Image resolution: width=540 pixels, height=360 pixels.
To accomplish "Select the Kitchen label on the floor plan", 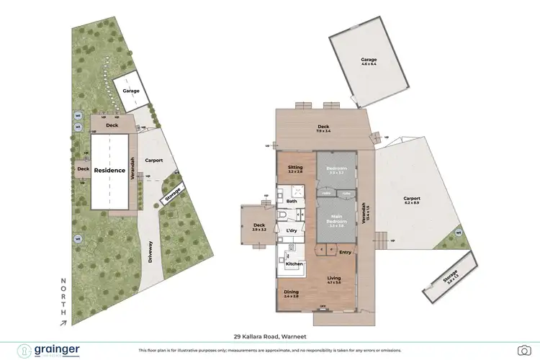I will coord(294,264).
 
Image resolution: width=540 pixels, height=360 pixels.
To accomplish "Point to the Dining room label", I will coord(291,292).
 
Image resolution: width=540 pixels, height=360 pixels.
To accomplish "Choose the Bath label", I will coord(292,201).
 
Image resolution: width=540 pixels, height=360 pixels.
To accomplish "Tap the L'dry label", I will coord(292,230).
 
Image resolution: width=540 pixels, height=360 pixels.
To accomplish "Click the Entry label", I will coord(346,251).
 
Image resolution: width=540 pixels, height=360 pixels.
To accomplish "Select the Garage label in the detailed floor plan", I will coord(369,60).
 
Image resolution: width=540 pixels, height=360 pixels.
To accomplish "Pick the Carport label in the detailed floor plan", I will coord(411,199).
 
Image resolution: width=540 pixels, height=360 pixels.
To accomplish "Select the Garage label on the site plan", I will coord(130,91).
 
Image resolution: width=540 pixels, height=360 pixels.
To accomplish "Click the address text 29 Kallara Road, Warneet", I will coord(270,336).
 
